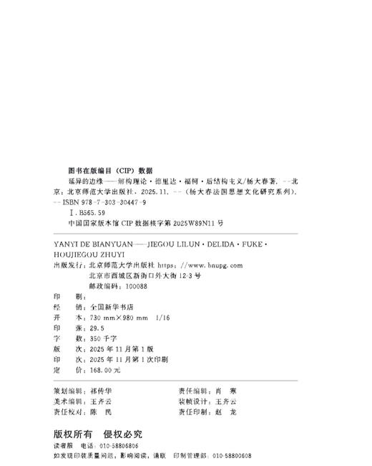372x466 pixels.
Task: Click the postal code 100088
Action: (x=134, y=285)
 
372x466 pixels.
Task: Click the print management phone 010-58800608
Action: (x=222, y=455)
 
